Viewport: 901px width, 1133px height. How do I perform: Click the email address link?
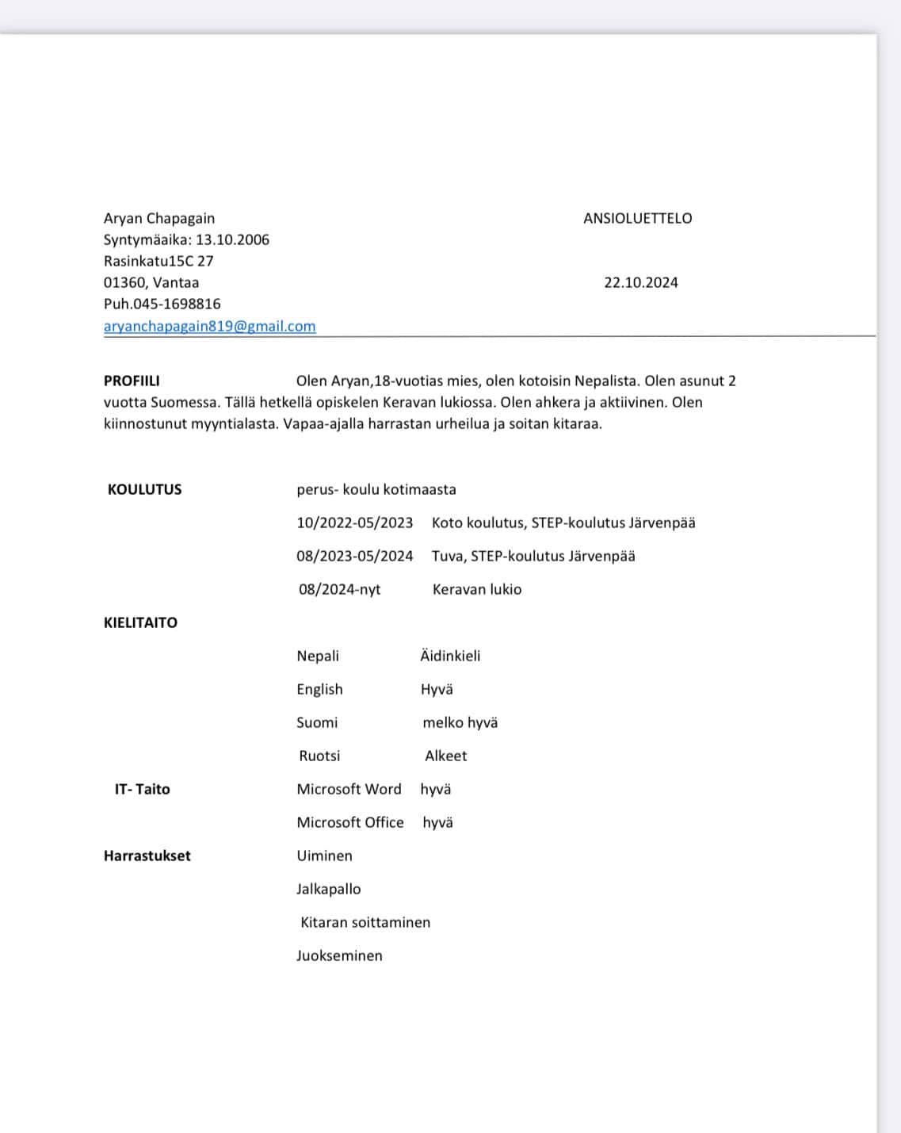click(x=209, y=326)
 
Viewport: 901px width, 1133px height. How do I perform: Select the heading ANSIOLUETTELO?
click(x=637, y=218)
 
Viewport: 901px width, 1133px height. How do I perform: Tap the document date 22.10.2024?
click(x=640, y=282)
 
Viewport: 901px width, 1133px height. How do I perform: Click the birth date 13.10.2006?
click(x=232, y=239)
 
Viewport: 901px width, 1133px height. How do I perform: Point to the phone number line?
click(x=162, y=304)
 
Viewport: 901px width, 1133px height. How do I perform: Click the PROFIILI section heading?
click(x=132, y=381)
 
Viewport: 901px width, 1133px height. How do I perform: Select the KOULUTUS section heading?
click(x=144, y=489)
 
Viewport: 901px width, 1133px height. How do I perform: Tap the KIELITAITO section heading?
click(x=140, y=622)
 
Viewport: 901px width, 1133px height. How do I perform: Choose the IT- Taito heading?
click(x=142, y=789)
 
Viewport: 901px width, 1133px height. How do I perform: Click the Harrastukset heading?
click(x=147, y=855)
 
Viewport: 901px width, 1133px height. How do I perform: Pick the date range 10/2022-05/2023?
click(x=354, y=522)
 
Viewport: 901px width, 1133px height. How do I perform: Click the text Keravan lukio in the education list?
click(x=476, y=589)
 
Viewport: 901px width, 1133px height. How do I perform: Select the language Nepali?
click(x=317, y=656)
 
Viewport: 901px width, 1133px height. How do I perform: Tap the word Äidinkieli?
click(x=450, y=656)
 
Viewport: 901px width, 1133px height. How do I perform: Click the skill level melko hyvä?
click(x=460, y=722)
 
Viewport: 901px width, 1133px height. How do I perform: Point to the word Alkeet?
click(x=445, y=756)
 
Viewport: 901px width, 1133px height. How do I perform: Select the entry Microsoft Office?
click(x=349, y=822)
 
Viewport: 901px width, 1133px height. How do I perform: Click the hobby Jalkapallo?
click(x=328, y=889)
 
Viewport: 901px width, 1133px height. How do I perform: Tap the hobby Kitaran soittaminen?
click(x=365, y=922)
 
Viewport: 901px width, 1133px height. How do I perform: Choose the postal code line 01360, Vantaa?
click(x=151, y=282)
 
